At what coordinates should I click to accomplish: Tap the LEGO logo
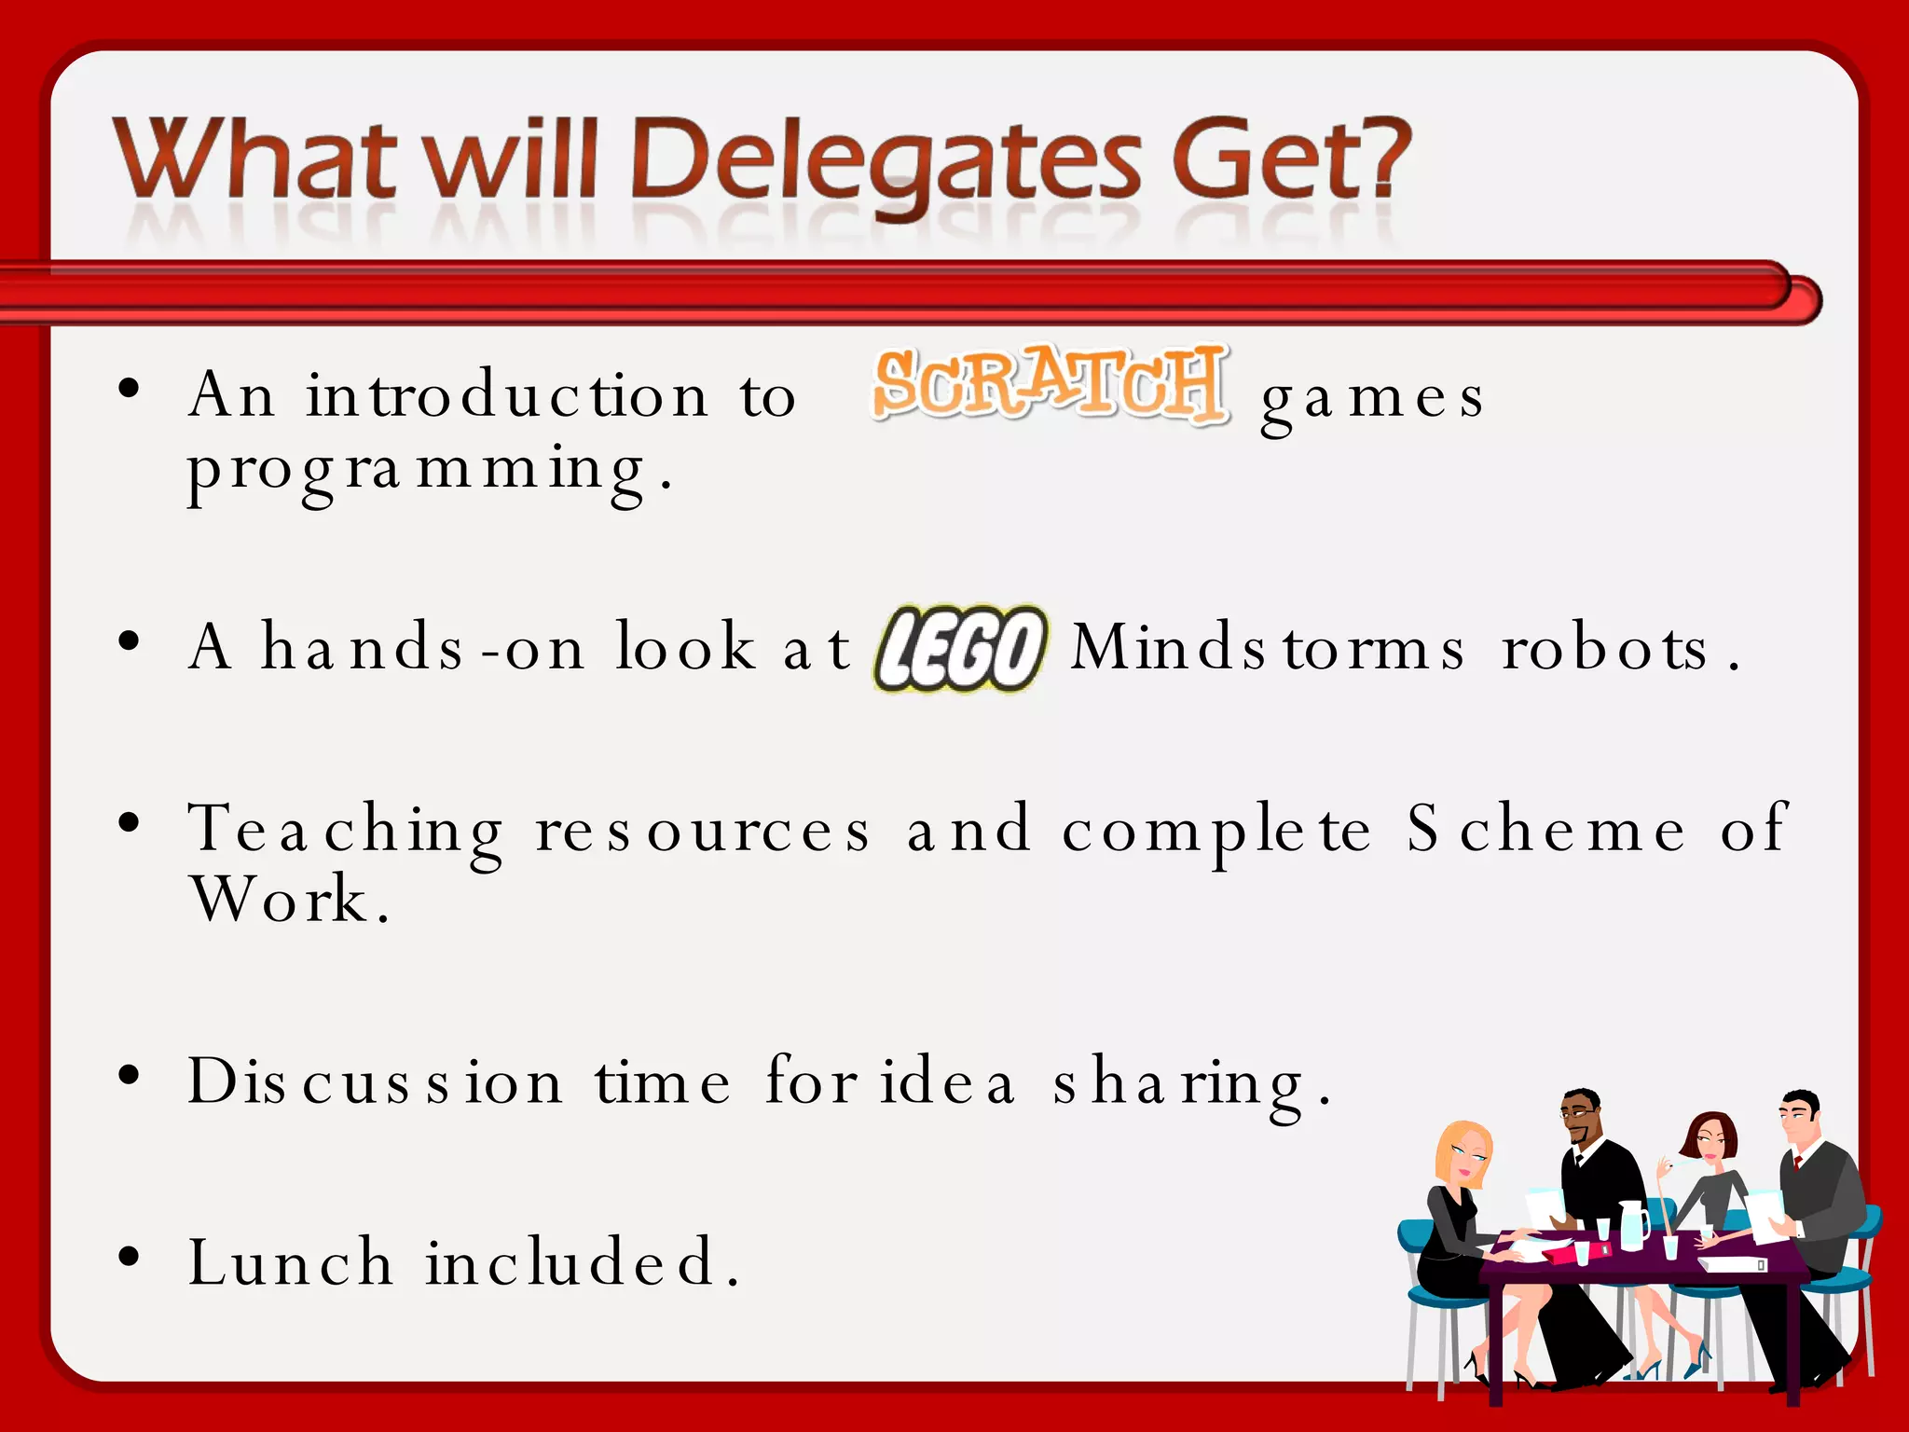click(960, 648)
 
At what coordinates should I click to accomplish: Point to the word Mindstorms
click(1268, 648)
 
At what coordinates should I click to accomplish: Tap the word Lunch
click(291, 1263)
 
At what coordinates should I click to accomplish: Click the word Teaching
click(347, 830)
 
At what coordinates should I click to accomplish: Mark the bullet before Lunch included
click(130, 1256)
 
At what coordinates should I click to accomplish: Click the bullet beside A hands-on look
click(130, 640)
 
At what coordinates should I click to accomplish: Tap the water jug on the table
click(1633, 1225)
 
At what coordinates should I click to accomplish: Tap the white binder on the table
click(1732, 1263)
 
